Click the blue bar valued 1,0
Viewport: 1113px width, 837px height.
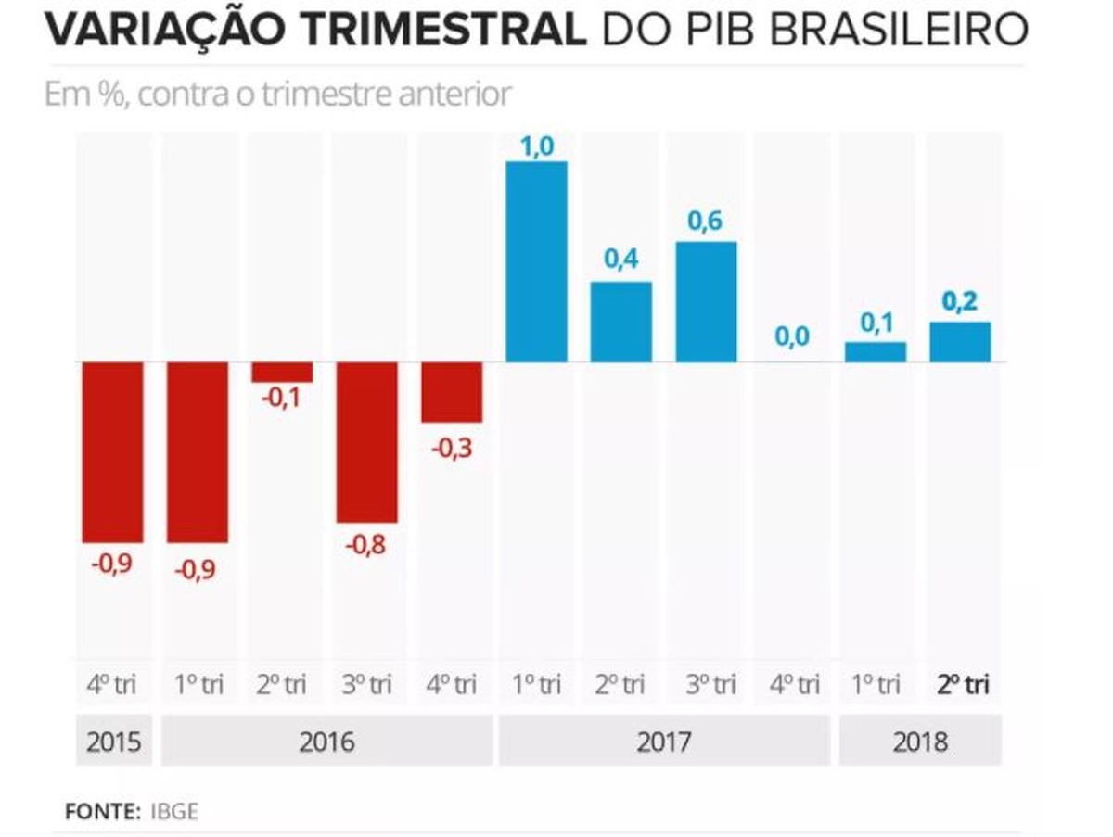click(x=535, y=262)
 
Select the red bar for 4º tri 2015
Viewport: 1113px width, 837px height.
click(x=112, y=451)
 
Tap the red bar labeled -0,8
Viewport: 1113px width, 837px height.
click(x=366, y=442)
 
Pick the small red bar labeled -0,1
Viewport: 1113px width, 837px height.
click(x=282, y=372)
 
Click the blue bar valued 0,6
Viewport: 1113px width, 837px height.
click(x=706, y=302)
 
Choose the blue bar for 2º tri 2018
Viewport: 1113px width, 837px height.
click(x=960, y=342)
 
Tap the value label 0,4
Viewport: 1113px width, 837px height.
click(x=621, y=260)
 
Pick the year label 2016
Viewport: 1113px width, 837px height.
click(x=326, y=742)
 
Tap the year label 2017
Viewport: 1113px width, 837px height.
click(x=664, y=742)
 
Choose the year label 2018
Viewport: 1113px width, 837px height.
click(x=920, y=742)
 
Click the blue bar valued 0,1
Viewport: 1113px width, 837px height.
click(x=875, y=352)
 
